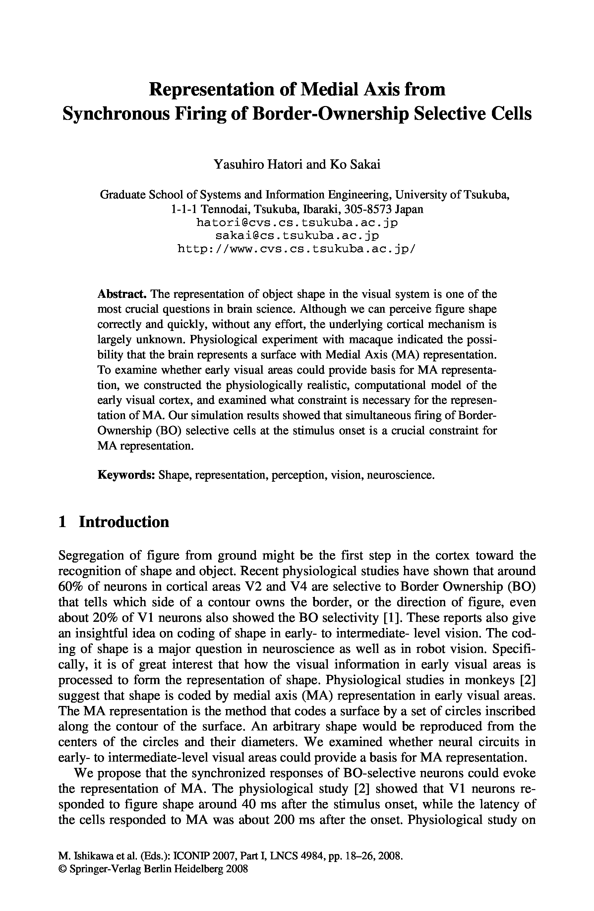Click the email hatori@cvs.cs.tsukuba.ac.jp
[297, 222]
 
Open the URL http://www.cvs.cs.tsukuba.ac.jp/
[297, 249]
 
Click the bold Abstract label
[122, 294]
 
